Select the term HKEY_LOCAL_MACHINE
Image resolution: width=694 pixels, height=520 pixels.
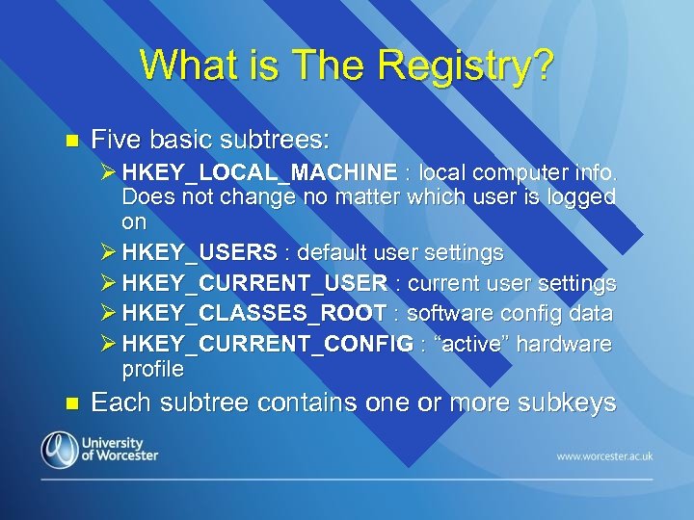[x=259, y=173]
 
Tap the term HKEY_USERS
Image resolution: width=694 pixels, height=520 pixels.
[x=200, y=253]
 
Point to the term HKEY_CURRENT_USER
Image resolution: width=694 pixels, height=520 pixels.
[x=255, y=284]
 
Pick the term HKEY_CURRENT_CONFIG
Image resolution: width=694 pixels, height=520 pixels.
[x=267, y=345]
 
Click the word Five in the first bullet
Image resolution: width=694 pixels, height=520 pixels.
[x=114, y=141]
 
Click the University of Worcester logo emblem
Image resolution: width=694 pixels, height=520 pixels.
[x=60, y=450]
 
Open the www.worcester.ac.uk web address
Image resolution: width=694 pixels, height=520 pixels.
[x=603, y=455]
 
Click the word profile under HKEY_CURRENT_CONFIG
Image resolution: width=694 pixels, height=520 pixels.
[x=152, y=369]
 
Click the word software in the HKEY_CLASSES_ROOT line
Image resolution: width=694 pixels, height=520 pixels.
[x=446, y=314]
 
